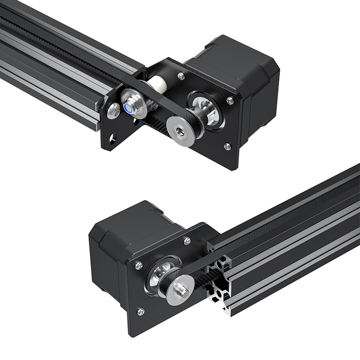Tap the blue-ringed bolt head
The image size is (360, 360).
pos(130,108)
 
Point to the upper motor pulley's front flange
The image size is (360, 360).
pos(180,130)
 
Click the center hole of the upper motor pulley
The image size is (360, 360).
pos(180,130)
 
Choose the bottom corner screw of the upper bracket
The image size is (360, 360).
pos(227,146)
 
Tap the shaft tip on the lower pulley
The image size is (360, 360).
pos(182,289)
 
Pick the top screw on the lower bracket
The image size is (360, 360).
pos(187,242)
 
